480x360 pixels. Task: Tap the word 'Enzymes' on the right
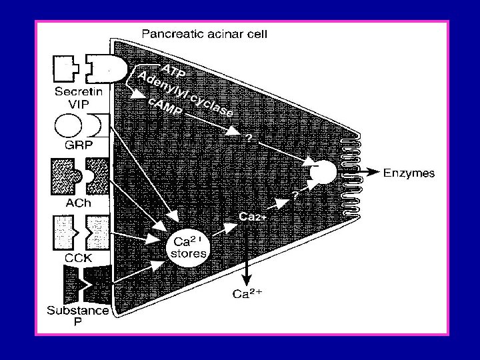pos(409,173)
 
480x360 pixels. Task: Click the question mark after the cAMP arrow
pos(249,137)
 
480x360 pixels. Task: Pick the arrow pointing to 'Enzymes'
pos(369,173)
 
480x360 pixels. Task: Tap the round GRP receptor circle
pos(67,127)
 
